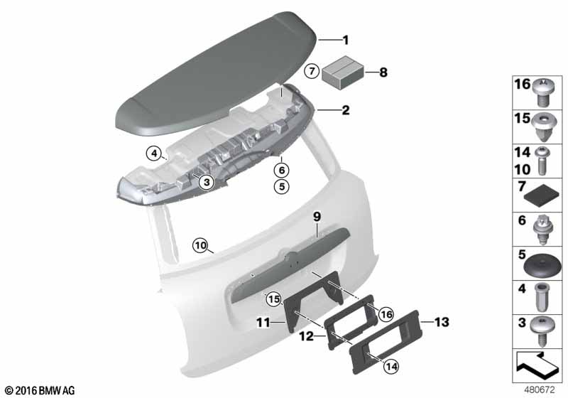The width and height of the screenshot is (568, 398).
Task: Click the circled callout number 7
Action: tap(312, 71)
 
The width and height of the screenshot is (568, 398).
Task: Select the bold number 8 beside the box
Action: tap(383, 72)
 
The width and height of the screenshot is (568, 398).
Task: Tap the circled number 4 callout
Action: tap(154, 154)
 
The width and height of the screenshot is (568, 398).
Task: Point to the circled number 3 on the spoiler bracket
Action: tap(207, 182)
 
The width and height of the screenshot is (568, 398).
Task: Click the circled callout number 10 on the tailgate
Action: tap(200, 246)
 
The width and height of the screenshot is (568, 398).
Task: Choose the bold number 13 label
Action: tap(442, 322)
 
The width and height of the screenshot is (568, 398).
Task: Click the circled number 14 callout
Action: tap(391, 367)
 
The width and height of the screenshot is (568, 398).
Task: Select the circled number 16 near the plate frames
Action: tap(386, 314)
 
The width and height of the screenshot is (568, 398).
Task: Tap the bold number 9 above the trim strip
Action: tap(317, 217)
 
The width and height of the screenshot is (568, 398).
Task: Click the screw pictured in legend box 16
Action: tap(542, 92)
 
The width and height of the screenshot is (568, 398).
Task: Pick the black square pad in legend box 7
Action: tap(542, 195)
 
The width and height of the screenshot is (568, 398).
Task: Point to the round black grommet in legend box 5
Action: tap(542, 266)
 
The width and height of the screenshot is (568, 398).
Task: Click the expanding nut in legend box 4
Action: tap(542, 297)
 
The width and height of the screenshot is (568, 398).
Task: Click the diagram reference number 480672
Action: tap(540, 390)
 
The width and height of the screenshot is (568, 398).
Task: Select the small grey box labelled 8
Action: tap(344, 72)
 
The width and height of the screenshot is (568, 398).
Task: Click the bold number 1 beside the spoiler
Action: tap(346, 40)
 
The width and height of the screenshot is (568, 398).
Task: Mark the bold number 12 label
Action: tap(307, 336)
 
